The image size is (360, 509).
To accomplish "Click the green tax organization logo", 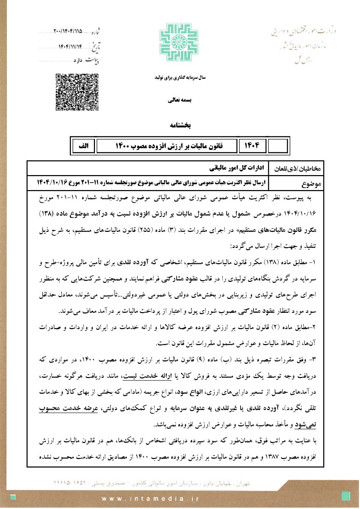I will click(x=179, y=42).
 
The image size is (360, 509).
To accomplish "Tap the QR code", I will click(x=77, y=92).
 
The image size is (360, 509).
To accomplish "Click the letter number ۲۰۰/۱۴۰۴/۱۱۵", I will click(x=68, y=31).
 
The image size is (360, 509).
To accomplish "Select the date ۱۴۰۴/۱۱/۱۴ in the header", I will click(x=70, y=47).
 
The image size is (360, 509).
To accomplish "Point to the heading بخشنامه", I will click(x=180, y=125).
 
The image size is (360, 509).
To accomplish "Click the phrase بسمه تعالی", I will click(x=180, y=100).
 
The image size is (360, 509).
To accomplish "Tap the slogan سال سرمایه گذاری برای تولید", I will click(x=180, y=78).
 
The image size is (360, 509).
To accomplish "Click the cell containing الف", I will click(x=83, y=146).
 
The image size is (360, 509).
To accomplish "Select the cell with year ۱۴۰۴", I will click(x=252, y=146).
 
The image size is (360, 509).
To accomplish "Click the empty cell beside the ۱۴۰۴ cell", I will click(x=278, y=146).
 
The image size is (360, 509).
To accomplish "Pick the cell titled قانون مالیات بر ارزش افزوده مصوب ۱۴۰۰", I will click(x=169, y=146).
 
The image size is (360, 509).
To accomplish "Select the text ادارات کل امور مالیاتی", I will click(x=237, y=168).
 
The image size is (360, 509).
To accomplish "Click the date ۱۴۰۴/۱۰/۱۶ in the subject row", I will click(x=51, y=183).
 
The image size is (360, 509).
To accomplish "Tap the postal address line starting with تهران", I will click(x=152, y=483).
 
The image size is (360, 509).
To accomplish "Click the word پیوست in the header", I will click(x=92, y=60).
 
